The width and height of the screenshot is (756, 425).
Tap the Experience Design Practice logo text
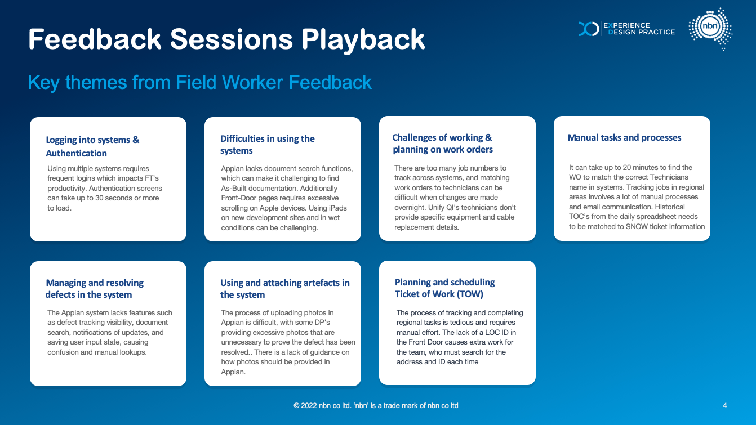point(639,29)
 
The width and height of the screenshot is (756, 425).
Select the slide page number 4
point(724,405)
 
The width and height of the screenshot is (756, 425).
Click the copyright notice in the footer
point(376,405)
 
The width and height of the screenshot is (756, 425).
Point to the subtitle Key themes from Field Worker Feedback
point(199,82)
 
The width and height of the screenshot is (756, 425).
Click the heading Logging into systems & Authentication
point(92,146)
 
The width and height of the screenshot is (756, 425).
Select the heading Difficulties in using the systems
point(267,144)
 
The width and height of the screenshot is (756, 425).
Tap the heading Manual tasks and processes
point(624,137)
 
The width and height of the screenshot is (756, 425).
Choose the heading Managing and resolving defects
point(95,289)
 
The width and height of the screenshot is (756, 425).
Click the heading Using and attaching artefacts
point(285,289)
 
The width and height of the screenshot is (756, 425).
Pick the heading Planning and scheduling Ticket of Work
point(445,288)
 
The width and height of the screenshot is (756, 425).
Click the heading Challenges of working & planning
point(442,144)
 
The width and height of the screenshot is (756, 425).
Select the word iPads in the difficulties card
point(337,208)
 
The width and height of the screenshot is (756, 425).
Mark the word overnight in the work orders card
point(410,207)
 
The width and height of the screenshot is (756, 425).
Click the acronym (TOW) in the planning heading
point(470,294)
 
